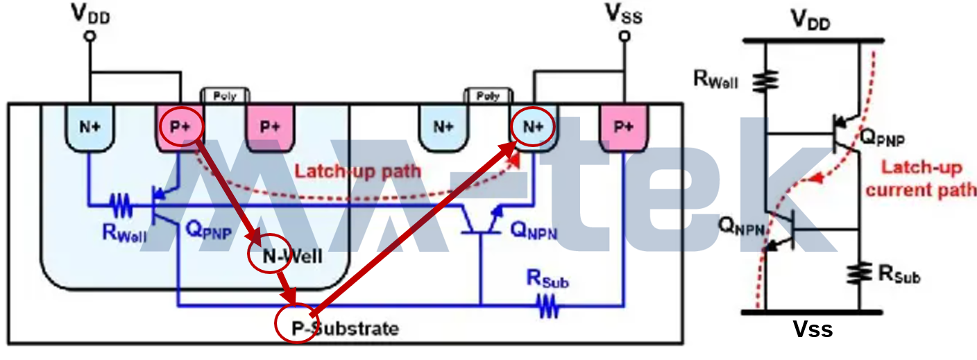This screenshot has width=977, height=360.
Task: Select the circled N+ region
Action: tap(533, 126)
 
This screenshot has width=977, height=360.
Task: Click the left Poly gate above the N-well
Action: tap(225, 96)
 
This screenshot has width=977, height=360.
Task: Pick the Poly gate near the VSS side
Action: tap(488, 96)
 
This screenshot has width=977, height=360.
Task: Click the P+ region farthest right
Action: tap(624, 127)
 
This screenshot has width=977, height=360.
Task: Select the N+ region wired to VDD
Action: tap(89, 127)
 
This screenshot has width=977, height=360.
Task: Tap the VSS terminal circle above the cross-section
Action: tap(624, 35)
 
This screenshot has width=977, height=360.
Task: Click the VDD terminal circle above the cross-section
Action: tap(89, 35)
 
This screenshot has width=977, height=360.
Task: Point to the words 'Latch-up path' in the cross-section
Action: tap(357, 170)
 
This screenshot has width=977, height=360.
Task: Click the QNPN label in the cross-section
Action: tap(534, 231)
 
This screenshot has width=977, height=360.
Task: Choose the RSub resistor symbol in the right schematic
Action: tap(860, 273)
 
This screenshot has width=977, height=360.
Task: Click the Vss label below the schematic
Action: tap(813, 329)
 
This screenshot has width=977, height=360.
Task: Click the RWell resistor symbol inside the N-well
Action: tap(120, 205)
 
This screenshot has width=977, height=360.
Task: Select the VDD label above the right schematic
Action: tap(812, 21)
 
